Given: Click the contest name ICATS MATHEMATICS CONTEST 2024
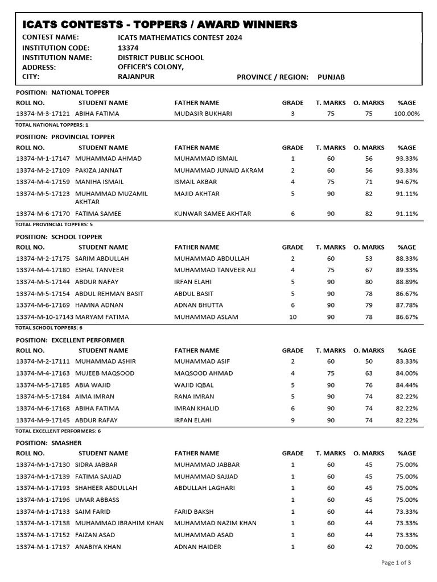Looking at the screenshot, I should (180, 38).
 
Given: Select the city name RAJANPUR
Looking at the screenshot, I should (136, 77).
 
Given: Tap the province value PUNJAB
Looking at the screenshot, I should (331, 77).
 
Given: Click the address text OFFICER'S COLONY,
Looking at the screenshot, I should (151, 67).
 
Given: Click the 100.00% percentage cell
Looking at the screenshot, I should (406, 114).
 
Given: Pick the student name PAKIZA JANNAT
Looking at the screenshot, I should (98, 170).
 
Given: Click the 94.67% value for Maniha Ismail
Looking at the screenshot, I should (406, 182).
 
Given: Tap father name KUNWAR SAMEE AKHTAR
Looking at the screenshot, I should (213, 214).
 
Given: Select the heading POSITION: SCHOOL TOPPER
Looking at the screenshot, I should (63, 236).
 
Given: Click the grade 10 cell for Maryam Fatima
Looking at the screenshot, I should (292, 317).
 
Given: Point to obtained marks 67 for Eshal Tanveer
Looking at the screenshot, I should (369, 270).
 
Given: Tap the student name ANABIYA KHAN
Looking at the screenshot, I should (98, 547).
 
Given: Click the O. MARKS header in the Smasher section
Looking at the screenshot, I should (369, 453).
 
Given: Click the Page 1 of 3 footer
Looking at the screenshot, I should (395, 563).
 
